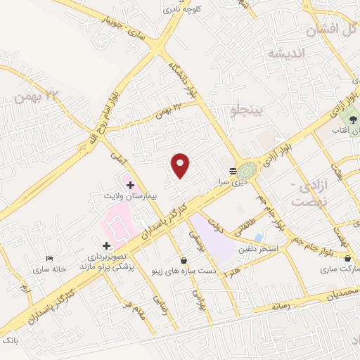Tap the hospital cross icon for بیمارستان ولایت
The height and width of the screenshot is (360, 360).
tap(130, 184)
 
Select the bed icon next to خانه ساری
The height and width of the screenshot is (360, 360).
tap(49, 259)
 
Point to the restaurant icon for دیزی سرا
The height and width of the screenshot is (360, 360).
tap(233, 171)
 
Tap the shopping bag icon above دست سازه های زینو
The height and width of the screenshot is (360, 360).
tap(184, 259)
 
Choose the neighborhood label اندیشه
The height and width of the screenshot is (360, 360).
tap(284, 54)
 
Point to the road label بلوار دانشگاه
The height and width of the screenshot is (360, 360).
tap(182, 77)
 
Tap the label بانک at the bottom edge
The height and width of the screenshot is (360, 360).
tap(9, 340)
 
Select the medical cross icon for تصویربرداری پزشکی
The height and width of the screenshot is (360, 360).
tap(106, 246)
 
